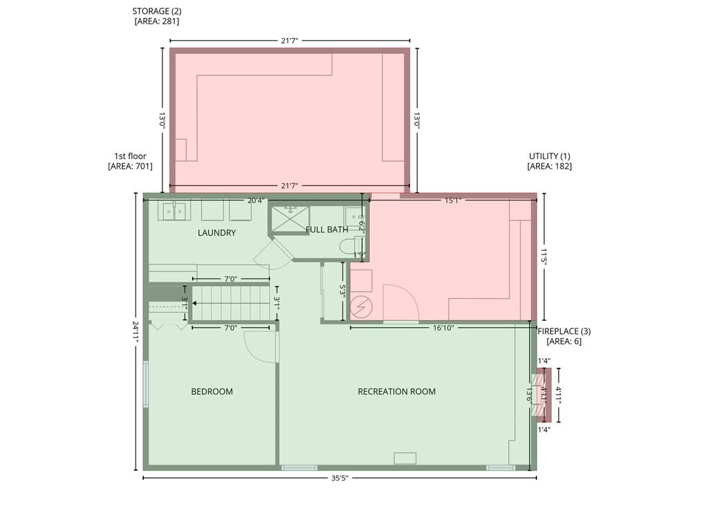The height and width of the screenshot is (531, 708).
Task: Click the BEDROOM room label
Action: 212,391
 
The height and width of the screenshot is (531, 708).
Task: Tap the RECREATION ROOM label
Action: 396,391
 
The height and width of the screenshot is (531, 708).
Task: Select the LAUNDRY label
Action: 216,233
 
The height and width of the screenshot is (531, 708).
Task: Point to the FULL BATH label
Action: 327,230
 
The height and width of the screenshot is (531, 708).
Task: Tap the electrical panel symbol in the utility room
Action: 361,307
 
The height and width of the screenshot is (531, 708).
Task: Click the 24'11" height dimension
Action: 138,331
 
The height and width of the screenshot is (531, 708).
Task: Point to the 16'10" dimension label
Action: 442,328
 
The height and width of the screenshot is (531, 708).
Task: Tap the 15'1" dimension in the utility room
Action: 452,201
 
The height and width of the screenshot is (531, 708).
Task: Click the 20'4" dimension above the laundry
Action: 255,201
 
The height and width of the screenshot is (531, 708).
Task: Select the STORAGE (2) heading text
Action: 156,12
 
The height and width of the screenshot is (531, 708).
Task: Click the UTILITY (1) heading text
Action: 549,156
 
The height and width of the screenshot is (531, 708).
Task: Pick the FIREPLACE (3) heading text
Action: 564,331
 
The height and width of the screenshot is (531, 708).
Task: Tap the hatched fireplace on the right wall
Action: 538,394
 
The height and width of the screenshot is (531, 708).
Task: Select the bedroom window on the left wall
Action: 146,384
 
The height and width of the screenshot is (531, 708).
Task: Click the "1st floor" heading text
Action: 130,156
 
